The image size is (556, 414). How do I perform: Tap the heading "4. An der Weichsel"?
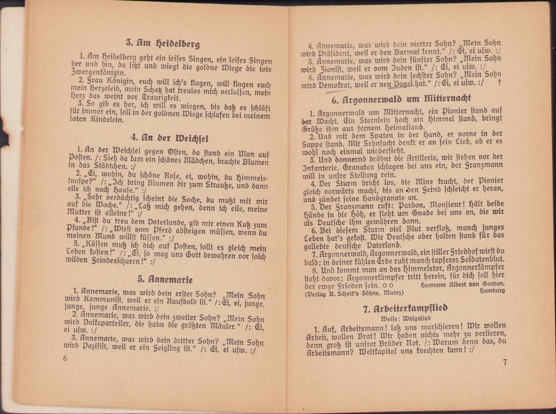tap(170, 138)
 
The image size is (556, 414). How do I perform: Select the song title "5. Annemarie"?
tap(165, 279)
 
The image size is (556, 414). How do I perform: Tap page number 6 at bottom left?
tap(65, 358)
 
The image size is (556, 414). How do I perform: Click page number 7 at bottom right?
tap(505, 362)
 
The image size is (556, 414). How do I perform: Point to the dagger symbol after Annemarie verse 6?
tap(499, 83)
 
